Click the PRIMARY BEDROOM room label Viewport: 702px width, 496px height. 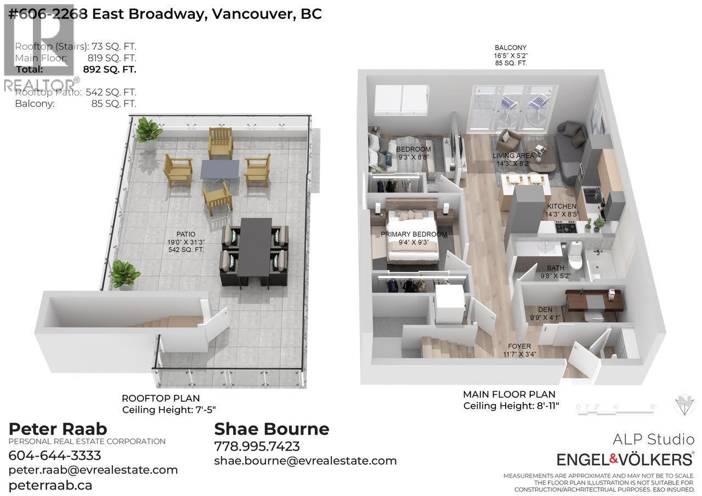[414, 235]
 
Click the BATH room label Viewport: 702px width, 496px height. [555, 268]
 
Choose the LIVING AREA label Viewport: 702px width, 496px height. [513, 156]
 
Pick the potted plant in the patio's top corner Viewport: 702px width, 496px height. [148, 132]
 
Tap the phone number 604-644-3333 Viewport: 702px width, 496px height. [55, 455]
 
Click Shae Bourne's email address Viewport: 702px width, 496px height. [305, 460]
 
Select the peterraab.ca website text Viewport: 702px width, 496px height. [50, 485]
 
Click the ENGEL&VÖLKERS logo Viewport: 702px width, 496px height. [625, 459]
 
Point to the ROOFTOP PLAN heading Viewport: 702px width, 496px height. [161, 398]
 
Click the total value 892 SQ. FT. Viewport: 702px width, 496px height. [110, 70]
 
